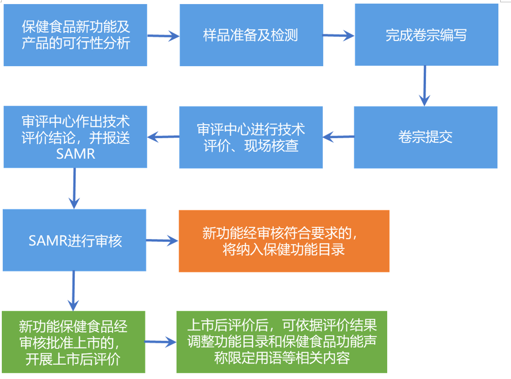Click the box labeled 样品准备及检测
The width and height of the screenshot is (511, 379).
click(x=251, y=35)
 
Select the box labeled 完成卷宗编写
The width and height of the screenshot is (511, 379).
click(x=426, y=35)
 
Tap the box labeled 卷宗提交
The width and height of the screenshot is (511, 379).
click(x=425, y=137)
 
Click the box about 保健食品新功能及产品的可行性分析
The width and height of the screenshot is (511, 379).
click(x=75, y=35)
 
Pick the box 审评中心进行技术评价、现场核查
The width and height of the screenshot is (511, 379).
click(x=251, y=137)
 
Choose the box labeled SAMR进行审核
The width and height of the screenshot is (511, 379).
click(x=75, y=240)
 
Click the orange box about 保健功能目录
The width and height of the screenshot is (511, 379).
click(x=284, y=241)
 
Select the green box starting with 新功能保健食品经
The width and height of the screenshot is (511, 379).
click(x=73, y=342)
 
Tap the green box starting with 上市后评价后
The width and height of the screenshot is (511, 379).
click(x=281, y=342)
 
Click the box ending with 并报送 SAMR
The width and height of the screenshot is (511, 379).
click(x=75, y=137)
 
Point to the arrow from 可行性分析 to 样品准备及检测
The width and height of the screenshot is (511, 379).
click(x=163, y=36)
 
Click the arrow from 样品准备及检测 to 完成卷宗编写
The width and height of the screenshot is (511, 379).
click(x=338, y=36)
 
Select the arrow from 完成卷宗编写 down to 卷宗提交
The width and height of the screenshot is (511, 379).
click(x=425, y=86)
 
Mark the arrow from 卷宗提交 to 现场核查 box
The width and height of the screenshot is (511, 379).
click(x=339, y=136)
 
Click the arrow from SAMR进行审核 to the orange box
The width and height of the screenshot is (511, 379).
click(x=162, y=242)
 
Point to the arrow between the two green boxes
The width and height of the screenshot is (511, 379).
click(x=160, y=343)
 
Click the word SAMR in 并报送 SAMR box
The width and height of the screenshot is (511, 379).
click(x=76, y=154)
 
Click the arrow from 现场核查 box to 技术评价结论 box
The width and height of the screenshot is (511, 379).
click(x=163, y=136)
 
